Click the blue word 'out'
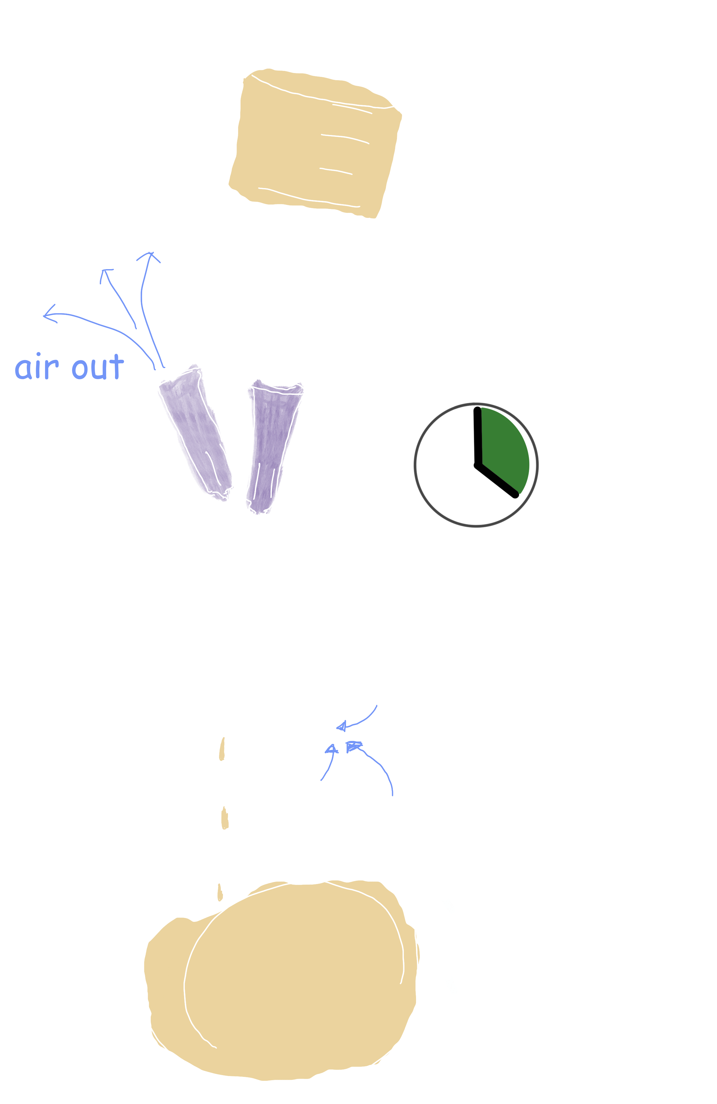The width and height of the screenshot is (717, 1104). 98,368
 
